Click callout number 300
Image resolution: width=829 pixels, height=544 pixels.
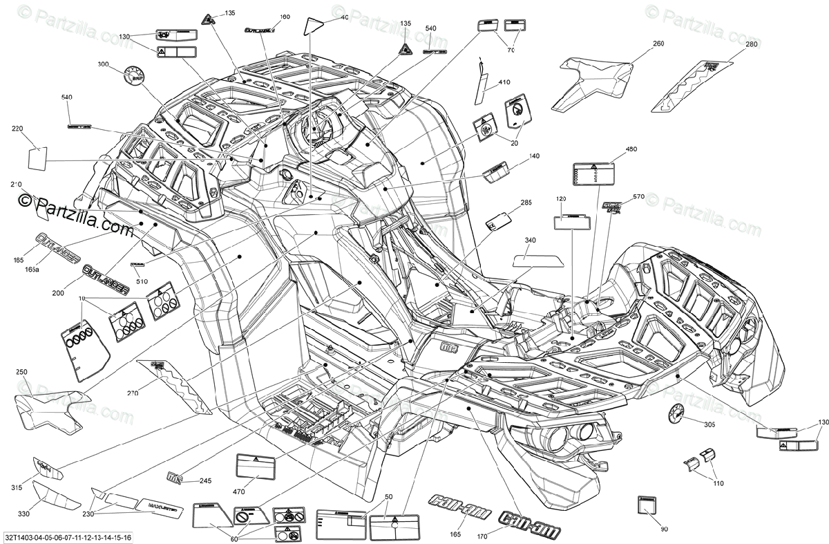(104, 64)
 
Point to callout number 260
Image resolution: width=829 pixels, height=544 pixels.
(658, 44)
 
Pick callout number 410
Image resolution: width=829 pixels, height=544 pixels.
(504, 83)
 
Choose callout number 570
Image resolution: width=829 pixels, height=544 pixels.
(638, 197)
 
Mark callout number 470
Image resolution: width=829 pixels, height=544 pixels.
(239, 491)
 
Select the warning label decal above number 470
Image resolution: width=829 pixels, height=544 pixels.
(256, 465)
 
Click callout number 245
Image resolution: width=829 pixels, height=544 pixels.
(205, 481)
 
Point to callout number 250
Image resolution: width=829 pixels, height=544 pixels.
(21, 373)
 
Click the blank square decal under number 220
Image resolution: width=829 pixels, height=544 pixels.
(37, 158)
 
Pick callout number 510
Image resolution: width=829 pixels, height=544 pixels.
(142, 281)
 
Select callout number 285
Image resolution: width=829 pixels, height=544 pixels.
(526, 203)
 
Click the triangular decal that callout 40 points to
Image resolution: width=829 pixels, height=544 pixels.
(313, 25)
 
